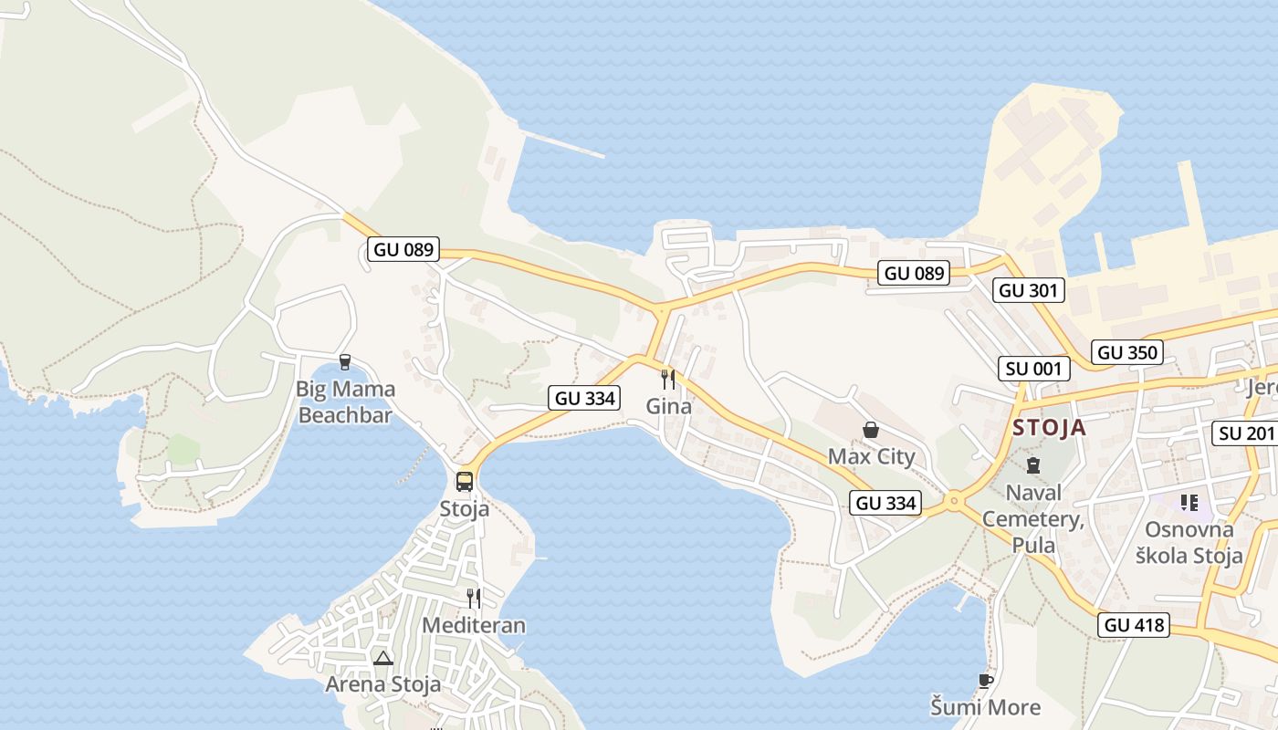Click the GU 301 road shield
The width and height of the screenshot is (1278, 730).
click(x=1030, y=290)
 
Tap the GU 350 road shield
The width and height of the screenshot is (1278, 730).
click(x=1128, y=352)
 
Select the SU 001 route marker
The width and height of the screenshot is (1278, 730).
click(x=1033, y=369)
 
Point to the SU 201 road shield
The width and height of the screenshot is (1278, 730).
click(x=1245, y=433)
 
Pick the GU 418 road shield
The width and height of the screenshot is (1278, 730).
click(x=1135, y=625)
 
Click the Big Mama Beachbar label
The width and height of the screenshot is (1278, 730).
click(x=345, y=402)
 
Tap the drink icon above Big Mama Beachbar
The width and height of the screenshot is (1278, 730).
click(x=345, y=362)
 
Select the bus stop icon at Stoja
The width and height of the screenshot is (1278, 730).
click(x=465, y=481)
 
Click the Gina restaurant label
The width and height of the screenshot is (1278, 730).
click(x=669, y=407)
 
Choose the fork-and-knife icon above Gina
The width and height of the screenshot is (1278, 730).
click(x=668, y=379)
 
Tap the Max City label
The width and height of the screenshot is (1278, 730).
click(x=871, y=456)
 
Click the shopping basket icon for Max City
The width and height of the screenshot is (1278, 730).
click(x=871, y=429)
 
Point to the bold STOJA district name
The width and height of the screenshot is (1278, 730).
click(x=1050, y=428)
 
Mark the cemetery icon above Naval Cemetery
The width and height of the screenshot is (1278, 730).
click(x=1032, y=465)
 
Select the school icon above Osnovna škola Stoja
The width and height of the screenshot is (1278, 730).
click(x=1189, y=502)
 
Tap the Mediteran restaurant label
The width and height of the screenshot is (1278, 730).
click(x=474, y=625)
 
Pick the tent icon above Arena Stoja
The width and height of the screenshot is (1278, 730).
click(x=382, y=658)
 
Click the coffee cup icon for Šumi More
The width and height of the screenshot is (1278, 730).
click(x=985, y=681)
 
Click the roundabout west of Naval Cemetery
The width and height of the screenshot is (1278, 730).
click(x=955, y=500)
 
